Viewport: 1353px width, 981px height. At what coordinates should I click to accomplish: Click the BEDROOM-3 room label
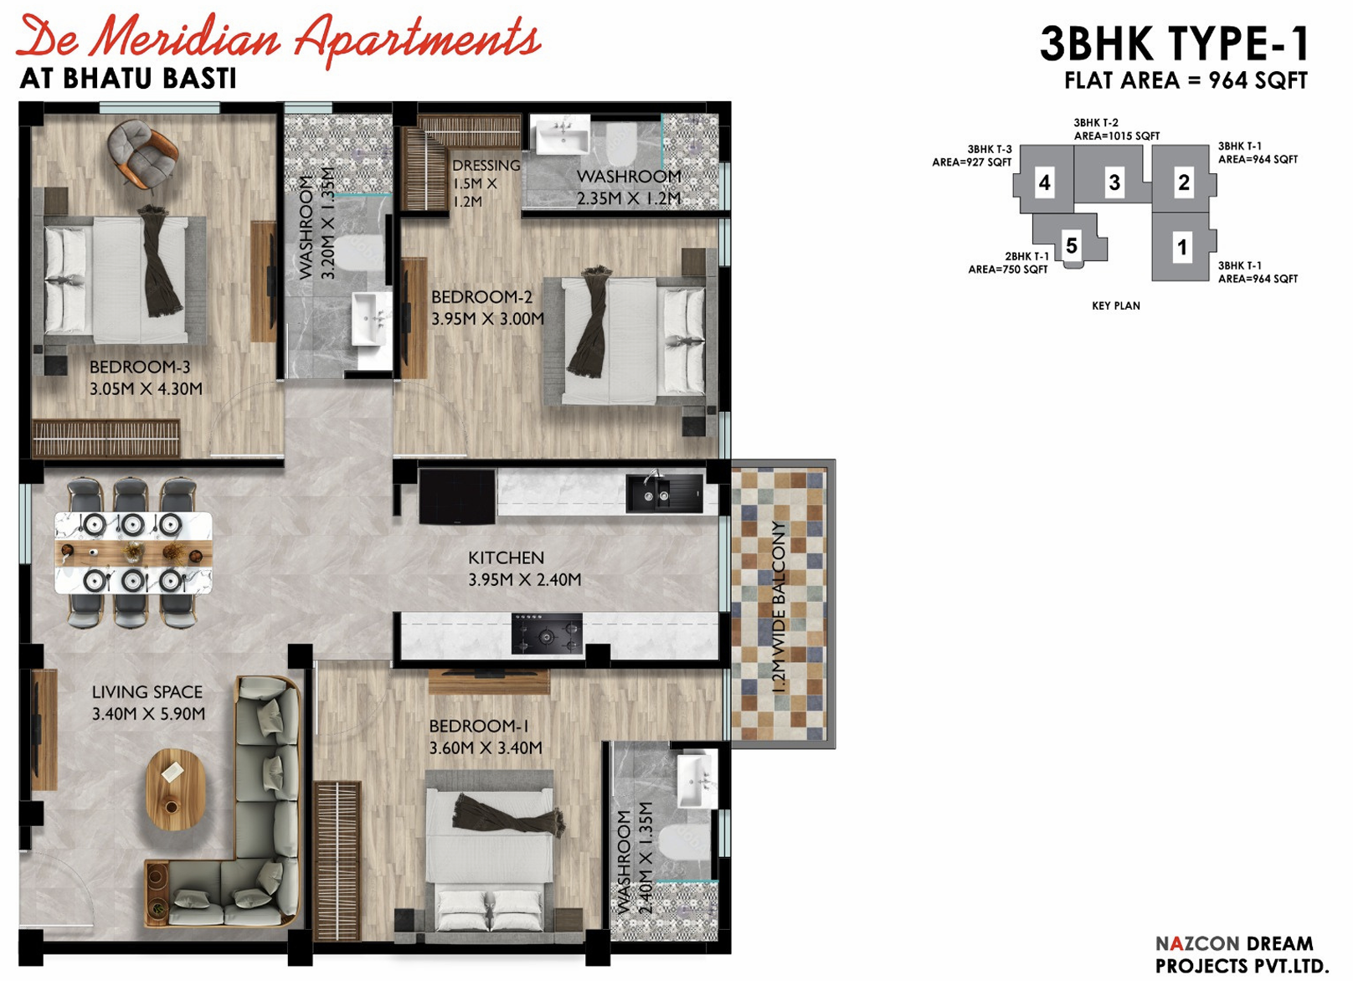140,367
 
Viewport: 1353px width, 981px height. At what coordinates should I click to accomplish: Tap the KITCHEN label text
506,557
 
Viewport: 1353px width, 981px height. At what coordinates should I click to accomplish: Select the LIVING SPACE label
147,692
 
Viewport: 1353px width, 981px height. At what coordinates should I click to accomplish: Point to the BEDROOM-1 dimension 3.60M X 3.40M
486,747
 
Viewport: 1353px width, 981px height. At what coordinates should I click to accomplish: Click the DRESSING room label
486,166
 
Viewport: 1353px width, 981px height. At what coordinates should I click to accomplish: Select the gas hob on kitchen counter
547,633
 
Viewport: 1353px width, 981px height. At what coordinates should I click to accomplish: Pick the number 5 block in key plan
1072,245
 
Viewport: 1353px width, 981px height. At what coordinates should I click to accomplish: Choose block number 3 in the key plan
1114,182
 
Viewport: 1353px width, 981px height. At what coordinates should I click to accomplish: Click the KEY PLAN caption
1115,306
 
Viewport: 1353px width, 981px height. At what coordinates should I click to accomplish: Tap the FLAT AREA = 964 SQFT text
1186,80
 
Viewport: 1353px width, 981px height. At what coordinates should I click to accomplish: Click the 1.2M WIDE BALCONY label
779,607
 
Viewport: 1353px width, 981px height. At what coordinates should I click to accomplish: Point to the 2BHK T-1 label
1026,256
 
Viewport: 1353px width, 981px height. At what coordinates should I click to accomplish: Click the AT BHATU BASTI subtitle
128,79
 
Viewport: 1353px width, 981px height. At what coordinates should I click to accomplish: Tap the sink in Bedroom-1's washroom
693,780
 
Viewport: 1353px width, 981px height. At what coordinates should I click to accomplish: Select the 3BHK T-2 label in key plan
1096,123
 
